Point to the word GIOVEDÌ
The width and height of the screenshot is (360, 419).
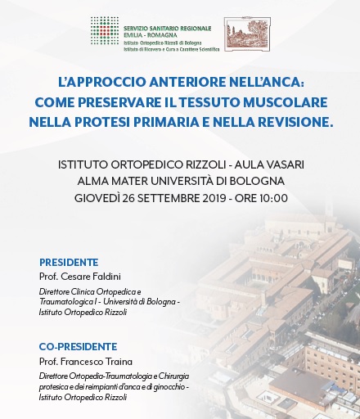tap(98, 197)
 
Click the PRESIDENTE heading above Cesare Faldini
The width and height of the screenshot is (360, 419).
tap(69, 263)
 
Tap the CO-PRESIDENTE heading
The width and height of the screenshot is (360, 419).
tap(78, 346)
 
